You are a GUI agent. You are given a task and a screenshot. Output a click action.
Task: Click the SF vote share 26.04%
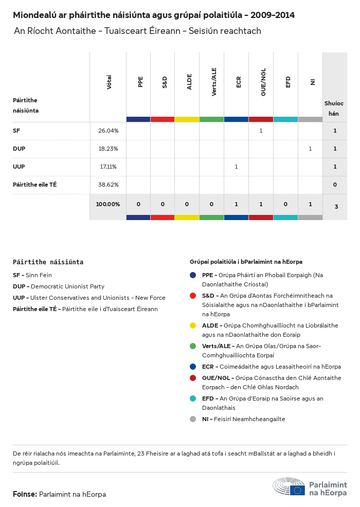pyautogui.click(x=108, y=131)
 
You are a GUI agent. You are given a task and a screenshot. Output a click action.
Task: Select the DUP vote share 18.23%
pyautogui.click(x=108, y=149)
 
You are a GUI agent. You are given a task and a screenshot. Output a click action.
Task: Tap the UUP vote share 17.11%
pyautogui.click(x=108, y=167)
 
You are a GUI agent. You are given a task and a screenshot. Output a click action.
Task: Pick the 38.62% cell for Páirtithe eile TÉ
pyautogui.click(x=108, y=185)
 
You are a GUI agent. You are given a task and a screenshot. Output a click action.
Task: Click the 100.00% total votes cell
pyautogui.click(x=108, y=204)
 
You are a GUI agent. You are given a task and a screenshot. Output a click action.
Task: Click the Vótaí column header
pyautogui.click(x=109, y=82)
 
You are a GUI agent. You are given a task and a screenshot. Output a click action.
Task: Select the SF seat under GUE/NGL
pyautogui.click(x=261, y=131)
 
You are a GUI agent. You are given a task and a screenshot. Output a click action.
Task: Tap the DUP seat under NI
pyautogui.click(x=310, y=149)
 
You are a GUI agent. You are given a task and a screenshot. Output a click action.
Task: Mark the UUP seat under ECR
pyautogui.click(x=236, y=167)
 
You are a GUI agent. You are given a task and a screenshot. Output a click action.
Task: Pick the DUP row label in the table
pyautogui.click(x=19, y=149)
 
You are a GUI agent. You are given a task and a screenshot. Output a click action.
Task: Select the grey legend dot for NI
pyautogui.click(x=193, y=419)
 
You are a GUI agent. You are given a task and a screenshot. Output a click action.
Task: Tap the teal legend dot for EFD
pyautogui.click(x=193, y=399)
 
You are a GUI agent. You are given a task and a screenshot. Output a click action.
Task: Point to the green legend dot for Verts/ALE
pyautogui.click(x=193, y=346)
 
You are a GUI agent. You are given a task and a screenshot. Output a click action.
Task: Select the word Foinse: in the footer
pyautogui.click(x=25, y=495)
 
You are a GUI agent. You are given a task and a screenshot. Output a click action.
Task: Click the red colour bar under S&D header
pyautogui.click(x=163, y=119)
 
